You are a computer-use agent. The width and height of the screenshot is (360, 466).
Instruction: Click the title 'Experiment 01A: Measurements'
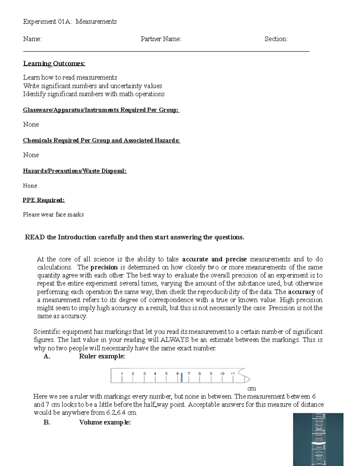[x=70, y=22]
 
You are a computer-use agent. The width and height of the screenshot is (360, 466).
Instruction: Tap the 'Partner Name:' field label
[x=161, y=39]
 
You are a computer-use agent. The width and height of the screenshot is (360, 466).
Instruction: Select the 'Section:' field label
[x=276, y=39]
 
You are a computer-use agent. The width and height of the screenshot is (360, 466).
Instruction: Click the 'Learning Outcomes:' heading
[x=54, y=64]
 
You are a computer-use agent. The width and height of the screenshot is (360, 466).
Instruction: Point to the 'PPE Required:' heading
[x=44, y=200]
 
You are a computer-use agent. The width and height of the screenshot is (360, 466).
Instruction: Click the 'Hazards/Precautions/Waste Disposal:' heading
[x=75, y=171]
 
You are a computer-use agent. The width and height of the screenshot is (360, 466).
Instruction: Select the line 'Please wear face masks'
[x=53, y=215]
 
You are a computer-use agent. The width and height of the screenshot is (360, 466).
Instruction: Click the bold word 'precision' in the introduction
[x=104, y=267]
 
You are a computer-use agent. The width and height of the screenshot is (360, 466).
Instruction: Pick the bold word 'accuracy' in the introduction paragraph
[x=301, y=292]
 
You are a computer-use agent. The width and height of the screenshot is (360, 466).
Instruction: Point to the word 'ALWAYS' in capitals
[x=175, y=340]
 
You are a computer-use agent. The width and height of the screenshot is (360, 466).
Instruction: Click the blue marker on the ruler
[x=182, y=377]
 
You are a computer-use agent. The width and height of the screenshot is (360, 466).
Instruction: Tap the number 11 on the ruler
[x=233, y=374]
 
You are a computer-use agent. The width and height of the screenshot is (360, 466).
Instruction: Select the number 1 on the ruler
[x=122, y=374]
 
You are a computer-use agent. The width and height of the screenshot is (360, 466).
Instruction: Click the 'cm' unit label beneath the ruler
[x=251, y=389]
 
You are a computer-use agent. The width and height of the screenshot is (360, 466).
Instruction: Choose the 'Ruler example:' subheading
[x=102, y=356]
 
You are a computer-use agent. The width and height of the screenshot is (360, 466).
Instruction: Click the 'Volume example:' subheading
[x=105, y=422]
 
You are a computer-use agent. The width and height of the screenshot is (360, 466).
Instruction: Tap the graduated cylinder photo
[x=318, y=439]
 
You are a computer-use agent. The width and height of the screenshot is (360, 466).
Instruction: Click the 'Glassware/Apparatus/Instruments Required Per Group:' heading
[x=101, y=110]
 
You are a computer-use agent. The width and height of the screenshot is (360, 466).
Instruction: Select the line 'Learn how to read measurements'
[x=70, y=77]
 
